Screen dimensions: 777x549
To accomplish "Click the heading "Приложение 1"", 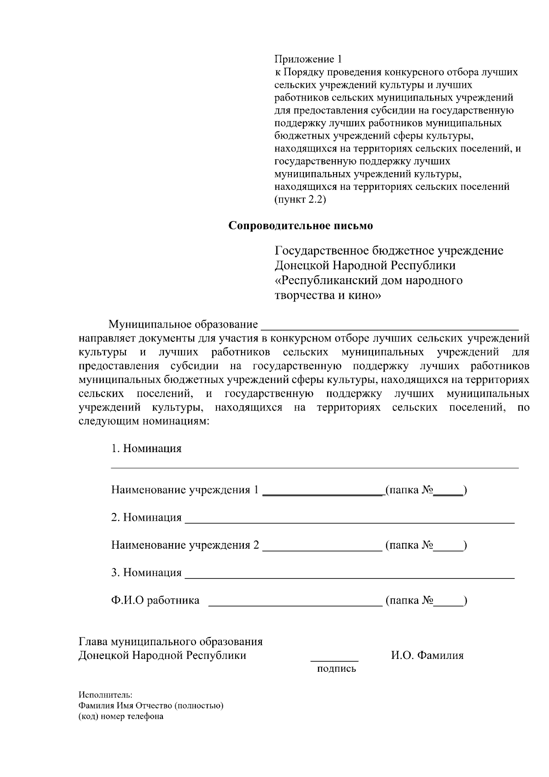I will pyautogui.click(x=308, y=59).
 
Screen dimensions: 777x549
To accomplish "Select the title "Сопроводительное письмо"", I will pyautogui.click(x=301, y=226).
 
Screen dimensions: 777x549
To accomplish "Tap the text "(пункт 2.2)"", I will pyautogui.click(x=300, y=200).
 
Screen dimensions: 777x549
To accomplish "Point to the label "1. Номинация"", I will pyautogui.click(x=146, y=448).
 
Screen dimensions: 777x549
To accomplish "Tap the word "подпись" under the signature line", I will pyautogui.click(x=336, y=669).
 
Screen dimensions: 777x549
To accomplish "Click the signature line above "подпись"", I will pyautogui.click(x=334, y=660).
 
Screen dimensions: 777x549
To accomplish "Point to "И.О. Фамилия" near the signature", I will pyautogui.click(x=427, y=656).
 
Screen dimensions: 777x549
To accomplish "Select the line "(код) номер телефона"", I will pyautogui.click(x=121, y=717).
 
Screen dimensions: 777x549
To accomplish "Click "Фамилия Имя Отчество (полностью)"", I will pyautogui.click(x=151, y=706).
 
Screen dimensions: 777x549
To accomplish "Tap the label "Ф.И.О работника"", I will pyautogui.click(x=155, y=600).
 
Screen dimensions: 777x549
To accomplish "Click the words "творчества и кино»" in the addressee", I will pyautogui.click(x=327, y=296).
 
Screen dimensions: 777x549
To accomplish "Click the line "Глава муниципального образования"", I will pyautogui.click(x=171, y=642).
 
